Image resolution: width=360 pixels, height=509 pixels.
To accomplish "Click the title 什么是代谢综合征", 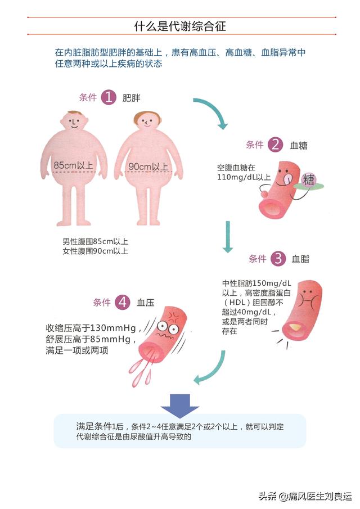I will [x=180, y=26].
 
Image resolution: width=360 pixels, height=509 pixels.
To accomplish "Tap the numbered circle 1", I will [x=109, y=97].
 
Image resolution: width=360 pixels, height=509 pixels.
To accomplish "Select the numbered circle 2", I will [x=275, y=145].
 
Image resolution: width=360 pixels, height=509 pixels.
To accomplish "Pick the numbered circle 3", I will [x=278, y=258].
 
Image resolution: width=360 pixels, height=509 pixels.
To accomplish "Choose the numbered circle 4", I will [x=123, y=303].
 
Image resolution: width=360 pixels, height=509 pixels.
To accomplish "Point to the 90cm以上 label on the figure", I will [x=148, y=166].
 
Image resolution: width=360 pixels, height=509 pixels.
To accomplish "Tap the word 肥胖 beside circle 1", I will [x=131, y=98].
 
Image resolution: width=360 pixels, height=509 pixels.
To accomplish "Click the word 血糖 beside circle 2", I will [x=298, y=146].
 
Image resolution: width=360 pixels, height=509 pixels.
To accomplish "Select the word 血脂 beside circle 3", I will [x=300, y=259].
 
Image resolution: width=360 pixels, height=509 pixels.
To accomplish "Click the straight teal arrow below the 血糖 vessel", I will [x=228, y=236].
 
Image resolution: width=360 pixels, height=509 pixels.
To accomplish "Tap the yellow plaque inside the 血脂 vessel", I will [x=297, y=326].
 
